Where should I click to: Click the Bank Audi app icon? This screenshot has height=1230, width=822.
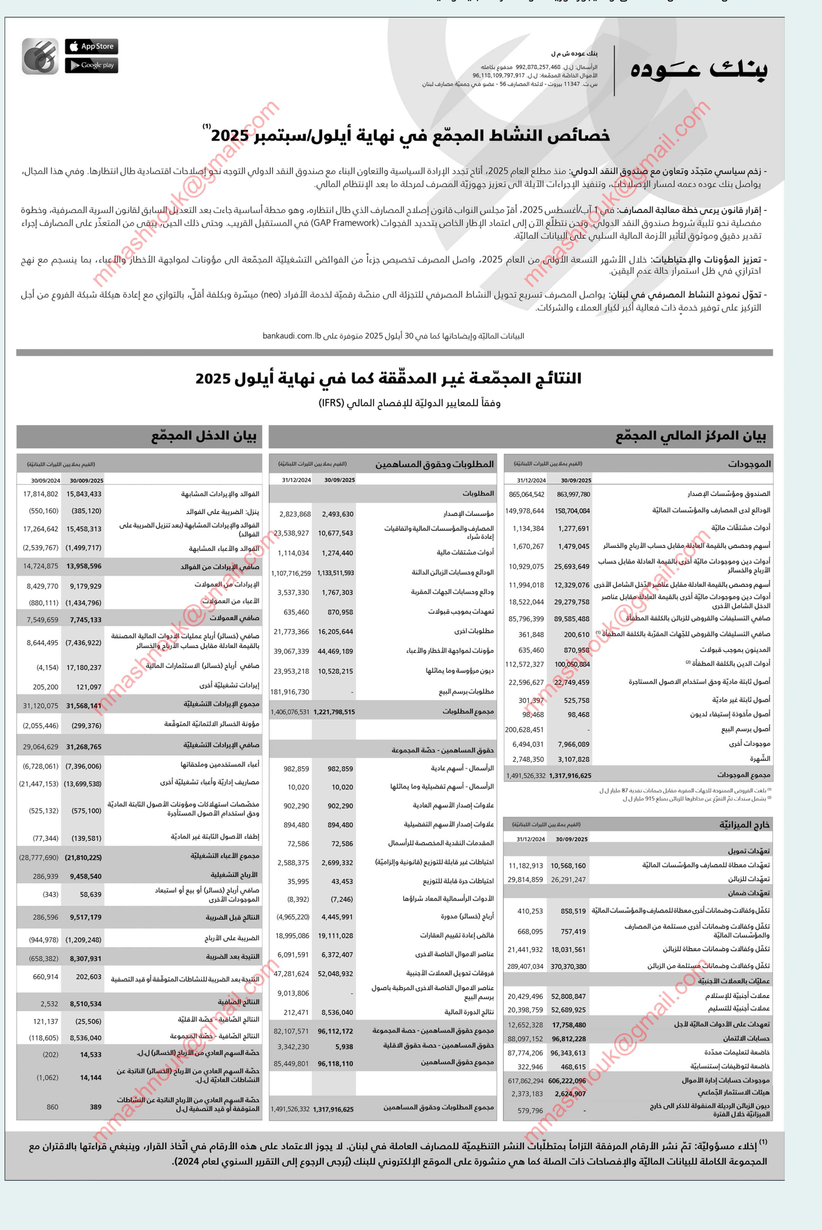pos(40,56)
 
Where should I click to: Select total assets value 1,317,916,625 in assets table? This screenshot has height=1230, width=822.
pos(570,776)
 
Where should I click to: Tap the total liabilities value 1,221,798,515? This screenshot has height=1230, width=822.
pos(334,712)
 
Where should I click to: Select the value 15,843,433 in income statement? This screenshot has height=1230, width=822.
pos(84,494)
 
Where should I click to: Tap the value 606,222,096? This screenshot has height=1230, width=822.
pos(567,1081)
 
